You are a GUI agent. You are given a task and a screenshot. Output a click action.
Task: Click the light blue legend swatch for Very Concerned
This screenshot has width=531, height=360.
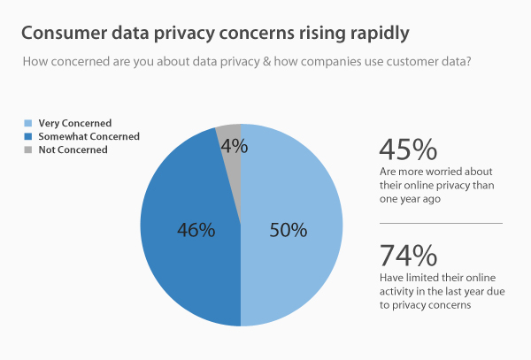[29, 123]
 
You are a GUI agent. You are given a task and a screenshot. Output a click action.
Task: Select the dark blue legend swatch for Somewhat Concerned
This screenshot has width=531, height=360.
[29, 136]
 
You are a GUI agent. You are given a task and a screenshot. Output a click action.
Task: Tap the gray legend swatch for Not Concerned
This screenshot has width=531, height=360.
[29, 149]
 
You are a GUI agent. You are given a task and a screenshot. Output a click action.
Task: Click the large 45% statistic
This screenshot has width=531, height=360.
[407, 148]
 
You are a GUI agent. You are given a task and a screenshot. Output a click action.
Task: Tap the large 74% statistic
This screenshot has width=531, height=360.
[407, 255]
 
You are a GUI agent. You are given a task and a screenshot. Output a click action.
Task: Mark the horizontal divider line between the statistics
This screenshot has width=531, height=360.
[440, 223]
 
